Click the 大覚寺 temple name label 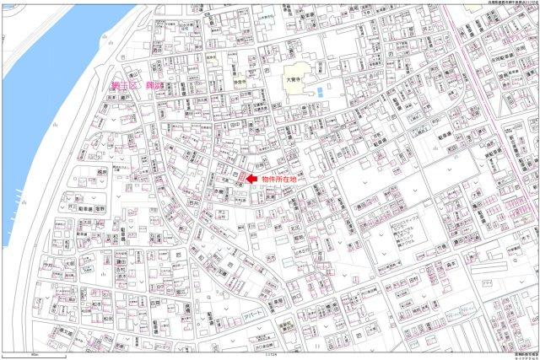click(x=293, y=73)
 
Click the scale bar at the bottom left click(x=34, y=352)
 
